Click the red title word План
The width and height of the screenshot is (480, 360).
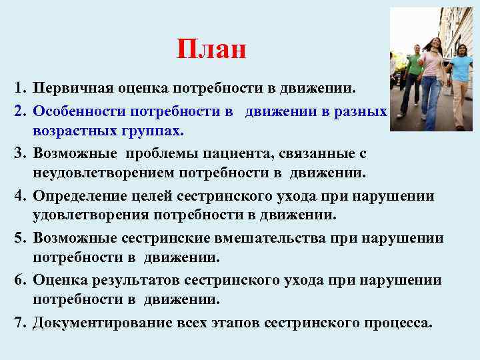(x=211, y=49)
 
